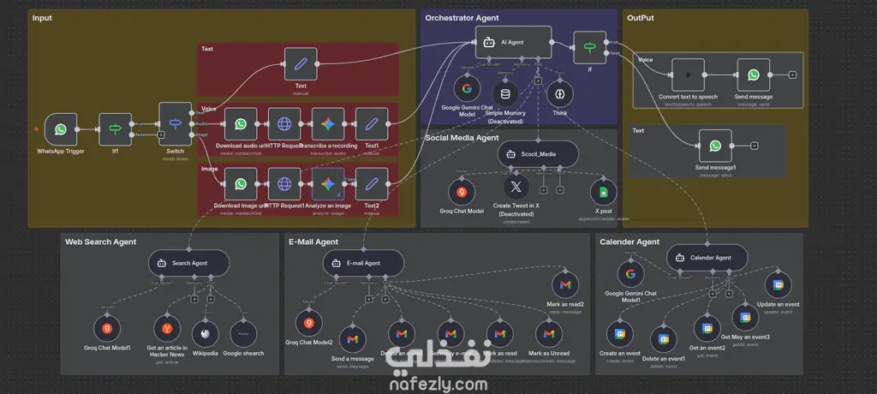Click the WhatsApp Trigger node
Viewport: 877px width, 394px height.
(x=61, y=129)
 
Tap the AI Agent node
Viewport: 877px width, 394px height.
(x=513, y=41)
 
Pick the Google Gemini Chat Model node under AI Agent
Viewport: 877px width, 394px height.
(x=467, y=88)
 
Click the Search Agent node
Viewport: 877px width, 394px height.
(x=188, y=262)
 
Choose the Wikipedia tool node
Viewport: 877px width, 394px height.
(x=204, y=332)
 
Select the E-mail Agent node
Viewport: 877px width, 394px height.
(x=363, y=262)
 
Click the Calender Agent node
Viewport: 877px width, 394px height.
(x=707, y=257)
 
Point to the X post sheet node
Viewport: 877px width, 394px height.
(x=603, y=192)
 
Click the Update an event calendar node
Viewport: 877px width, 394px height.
(x=779, y=285)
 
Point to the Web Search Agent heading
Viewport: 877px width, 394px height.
(x=100, y=242)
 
